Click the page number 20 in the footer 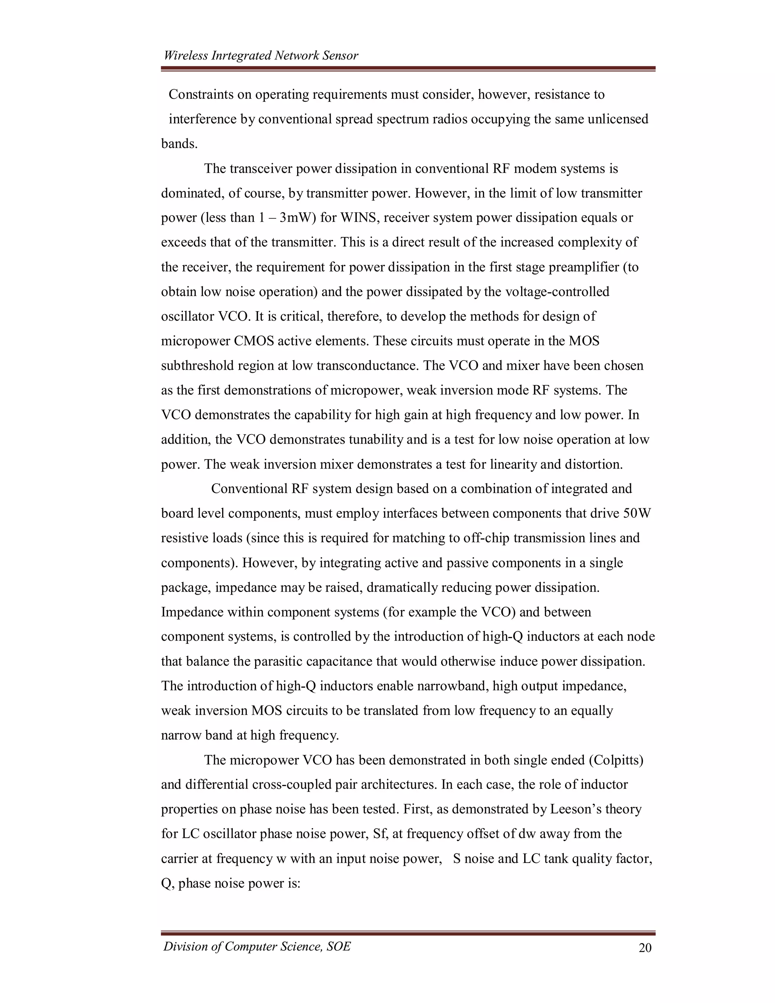(644, 948)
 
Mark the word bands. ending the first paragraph (179, 144)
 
